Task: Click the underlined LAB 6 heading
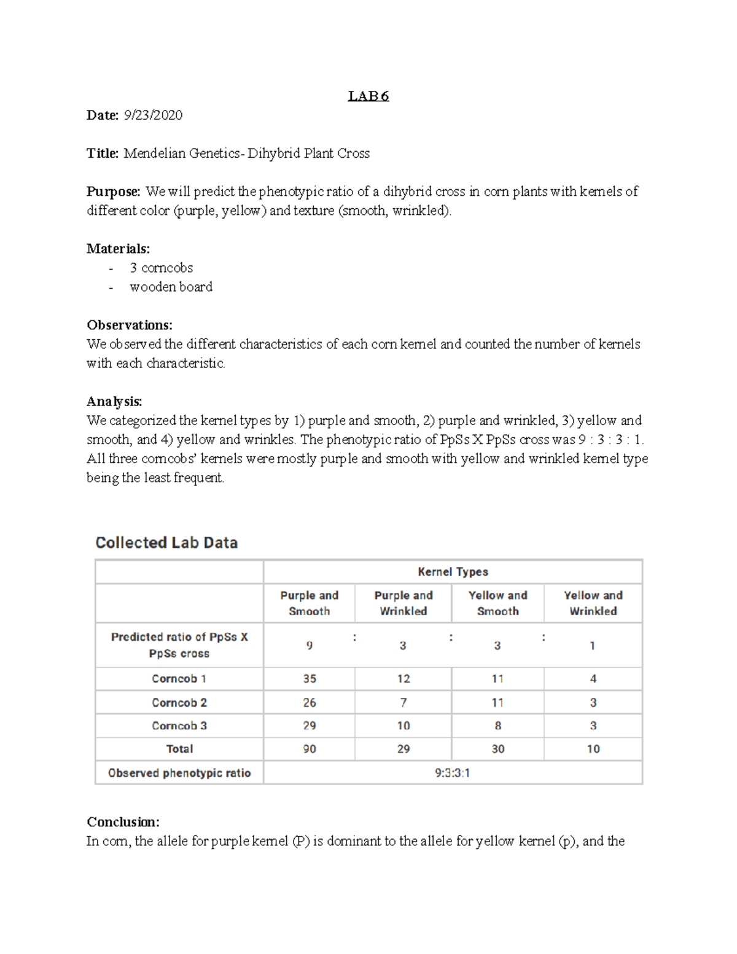368,96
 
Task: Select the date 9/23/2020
153,115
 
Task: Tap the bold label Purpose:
114,192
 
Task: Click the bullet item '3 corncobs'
161,268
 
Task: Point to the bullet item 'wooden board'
171,287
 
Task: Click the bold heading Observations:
130,325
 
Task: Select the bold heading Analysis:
114,402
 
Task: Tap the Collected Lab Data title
166,542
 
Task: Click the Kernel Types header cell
453,572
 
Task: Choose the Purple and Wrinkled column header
404,603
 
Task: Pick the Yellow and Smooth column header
497,603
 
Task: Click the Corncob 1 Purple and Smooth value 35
310,679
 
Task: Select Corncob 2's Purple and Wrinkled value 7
403,703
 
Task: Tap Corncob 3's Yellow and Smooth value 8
497,725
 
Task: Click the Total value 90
310,749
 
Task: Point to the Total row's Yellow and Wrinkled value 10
593,749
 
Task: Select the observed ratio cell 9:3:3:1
453,773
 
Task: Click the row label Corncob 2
179,703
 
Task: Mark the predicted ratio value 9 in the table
310,646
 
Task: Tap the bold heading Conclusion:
123,822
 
